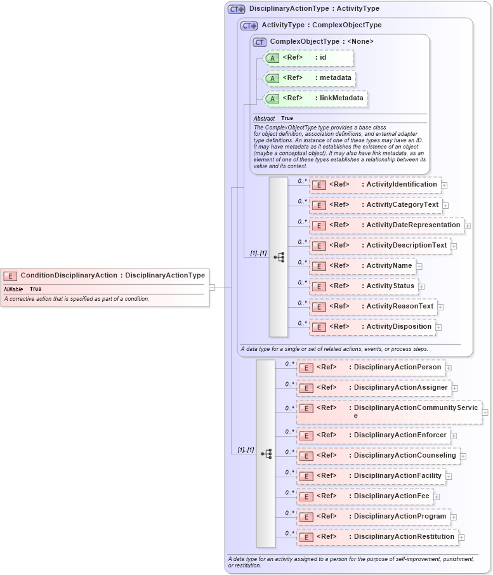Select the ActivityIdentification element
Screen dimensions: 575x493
click(x=374, y=185)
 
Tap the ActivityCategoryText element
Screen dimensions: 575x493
click(x=375, y=205)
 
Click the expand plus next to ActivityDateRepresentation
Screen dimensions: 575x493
click(x=468, y=225)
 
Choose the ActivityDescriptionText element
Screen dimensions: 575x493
click(x=379, y=246)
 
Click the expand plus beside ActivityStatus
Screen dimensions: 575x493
click(x=421, y=287)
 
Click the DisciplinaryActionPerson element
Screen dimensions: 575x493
click(x=371, y=367)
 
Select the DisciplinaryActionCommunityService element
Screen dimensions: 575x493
click(x=388, y=411)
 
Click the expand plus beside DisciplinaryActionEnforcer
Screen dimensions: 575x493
click(x=454, y=435)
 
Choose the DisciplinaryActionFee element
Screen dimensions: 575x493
click(x=364, y=496)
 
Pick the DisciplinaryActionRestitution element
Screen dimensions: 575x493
click(x=377, y=537)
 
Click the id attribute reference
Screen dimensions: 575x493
click(x=307, y=58)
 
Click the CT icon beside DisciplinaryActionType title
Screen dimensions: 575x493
click(x=237, y=10)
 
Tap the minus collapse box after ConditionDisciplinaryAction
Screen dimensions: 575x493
click(x=213, y=287)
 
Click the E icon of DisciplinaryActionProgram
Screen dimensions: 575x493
click(x=306, y=517)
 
